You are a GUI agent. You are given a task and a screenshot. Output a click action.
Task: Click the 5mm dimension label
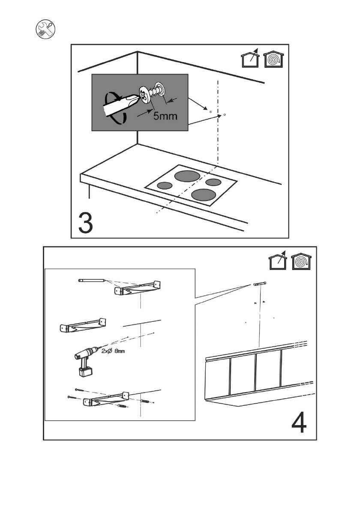coord(165,115)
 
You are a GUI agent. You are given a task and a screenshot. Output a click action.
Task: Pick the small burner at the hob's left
coord(165,186)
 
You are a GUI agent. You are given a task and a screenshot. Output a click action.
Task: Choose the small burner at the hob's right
coord(213,182)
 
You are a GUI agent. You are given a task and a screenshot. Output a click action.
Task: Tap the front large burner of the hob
coord(204,195)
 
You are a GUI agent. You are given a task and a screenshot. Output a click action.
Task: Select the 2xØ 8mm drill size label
coord(113,351)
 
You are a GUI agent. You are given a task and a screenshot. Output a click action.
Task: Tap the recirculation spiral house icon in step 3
coord(273,59)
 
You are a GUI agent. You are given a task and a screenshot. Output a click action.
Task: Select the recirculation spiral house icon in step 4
coord(301,261)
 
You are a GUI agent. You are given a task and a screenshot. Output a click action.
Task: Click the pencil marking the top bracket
coord(91,280)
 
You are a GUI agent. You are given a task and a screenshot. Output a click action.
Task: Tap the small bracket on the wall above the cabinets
coord(260,284)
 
